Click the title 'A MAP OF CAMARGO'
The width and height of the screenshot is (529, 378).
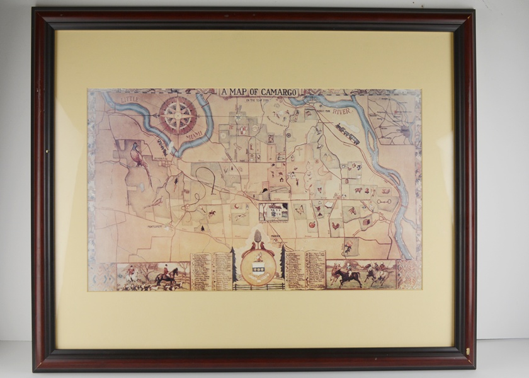[258, 92]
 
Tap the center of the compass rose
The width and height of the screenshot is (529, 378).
[178, 115]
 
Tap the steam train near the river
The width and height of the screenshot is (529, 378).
[347, 133]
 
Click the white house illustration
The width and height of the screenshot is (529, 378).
[275, 211]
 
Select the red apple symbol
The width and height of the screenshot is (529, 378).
[312, 224]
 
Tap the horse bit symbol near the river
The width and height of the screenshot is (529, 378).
[384, 202]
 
